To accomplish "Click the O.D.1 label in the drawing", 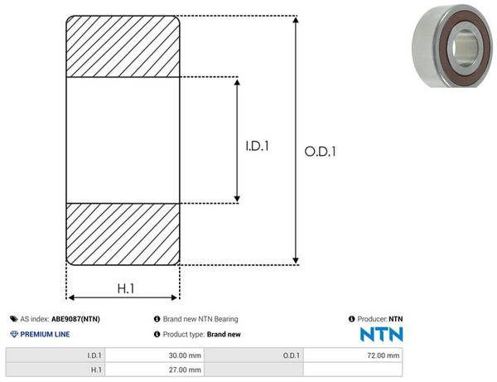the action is coord(320,152).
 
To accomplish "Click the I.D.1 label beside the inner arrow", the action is coord(257,146).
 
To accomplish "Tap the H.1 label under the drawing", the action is coord(126,288).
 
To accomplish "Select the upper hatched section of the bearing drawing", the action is coord(123,46).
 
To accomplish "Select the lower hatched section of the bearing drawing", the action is coord(123,234).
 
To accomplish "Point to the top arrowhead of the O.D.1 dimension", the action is coord(296,20).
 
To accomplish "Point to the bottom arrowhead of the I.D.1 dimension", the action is coord(237,199).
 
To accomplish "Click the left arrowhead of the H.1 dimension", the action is coord(71,297).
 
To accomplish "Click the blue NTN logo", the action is coord(382,334).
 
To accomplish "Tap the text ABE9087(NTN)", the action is coord(75,319).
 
